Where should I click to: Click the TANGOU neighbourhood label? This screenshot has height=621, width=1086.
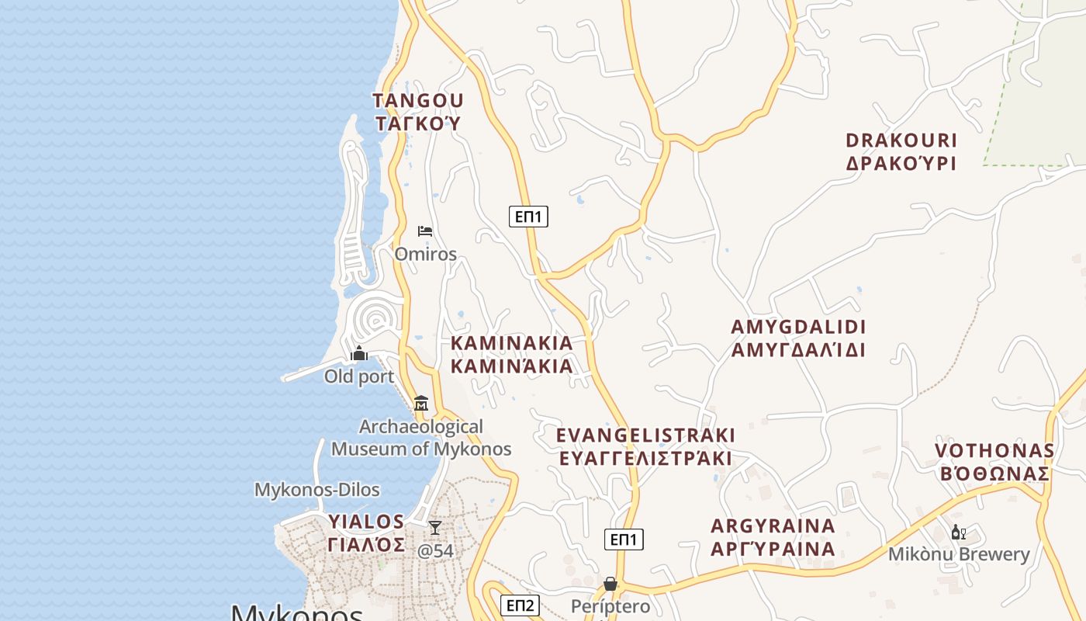[x=418, y=101]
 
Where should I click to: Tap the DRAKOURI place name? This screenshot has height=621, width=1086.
[x=901, y=141]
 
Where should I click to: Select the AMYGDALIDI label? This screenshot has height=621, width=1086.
[x=798, y=327]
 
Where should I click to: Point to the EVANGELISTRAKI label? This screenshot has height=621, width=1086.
[x=645, y=435]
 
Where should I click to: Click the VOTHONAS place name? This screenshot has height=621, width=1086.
[x=994, y=451]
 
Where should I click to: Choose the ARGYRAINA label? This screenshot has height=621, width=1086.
[x=773, y=526]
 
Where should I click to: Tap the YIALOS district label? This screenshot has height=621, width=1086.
[x=366, y=521]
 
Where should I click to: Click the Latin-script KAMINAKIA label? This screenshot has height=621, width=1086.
[x=511, y=343]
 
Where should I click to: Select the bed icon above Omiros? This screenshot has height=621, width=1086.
[x=425, y=231]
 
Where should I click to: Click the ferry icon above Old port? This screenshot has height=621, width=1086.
[x=359, y=354]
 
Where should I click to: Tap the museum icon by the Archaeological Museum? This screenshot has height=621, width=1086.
[x=421, y=403]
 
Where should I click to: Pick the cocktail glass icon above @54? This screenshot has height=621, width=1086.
[x=435, y=528]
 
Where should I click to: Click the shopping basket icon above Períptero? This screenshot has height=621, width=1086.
[x=610, y=583]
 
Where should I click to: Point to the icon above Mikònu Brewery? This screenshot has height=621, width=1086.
[x=959, y=533]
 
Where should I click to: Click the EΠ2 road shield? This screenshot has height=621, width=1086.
[x=520, y=605]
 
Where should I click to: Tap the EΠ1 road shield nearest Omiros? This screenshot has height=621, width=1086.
[x=528, y=217]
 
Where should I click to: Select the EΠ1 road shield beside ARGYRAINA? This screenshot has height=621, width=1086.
[x=624, y=539]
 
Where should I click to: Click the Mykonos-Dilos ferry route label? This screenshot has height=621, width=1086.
[x=317, y=490]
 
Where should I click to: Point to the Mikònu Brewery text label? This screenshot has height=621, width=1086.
[x=959, y=554]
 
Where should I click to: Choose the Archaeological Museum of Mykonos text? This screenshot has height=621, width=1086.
[x=421, y=438]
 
